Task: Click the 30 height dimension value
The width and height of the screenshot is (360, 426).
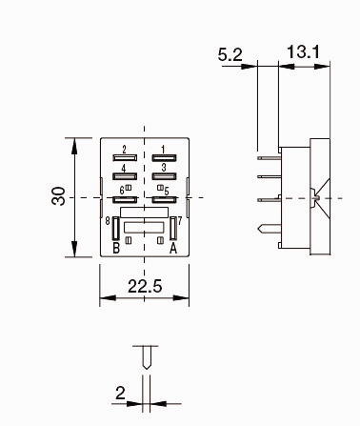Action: [x=59, y=197]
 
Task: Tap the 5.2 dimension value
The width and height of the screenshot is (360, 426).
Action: [x=230, y=55]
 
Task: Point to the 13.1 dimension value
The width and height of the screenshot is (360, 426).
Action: [x=303, y=52]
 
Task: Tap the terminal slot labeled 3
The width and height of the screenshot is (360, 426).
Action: [x=165, y=176]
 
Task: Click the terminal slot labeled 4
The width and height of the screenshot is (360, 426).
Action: [x=123, y=176]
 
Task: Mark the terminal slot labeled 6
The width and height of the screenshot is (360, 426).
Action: [x=123, y=199]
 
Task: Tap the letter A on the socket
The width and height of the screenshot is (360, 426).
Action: [x=173, y=249]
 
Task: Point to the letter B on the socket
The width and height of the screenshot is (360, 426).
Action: [x=115, y=249]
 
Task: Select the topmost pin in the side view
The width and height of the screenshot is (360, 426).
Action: [x=268, y=150]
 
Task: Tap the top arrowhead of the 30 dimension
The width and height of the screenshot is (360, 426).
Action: [x=74, y=142]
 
